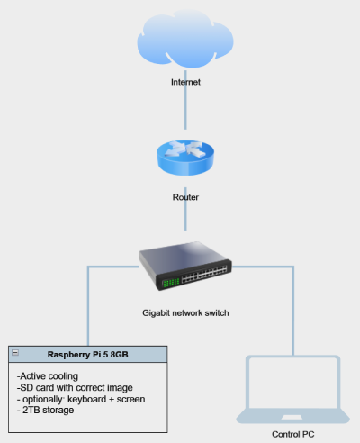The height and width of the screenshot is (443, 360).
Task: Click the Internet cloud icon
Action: point(184,41)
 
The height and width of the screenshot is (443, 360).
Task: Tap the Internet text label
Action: point(185,82)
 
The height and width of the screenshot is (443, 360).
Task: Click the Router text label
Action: point(185,195)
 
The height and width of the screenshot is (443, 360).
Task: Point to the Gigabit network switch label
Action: point(185,313)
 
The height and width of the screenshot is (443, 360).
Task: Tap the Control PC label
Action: point(293,434)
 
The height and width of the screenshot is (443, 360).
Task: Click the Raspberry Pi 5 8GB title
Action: point(87,355)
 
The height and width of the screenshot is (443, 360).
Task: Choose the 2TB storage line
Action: point(47,411)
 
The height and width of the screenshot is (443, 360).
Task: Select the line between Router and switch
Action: point(185,216)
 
